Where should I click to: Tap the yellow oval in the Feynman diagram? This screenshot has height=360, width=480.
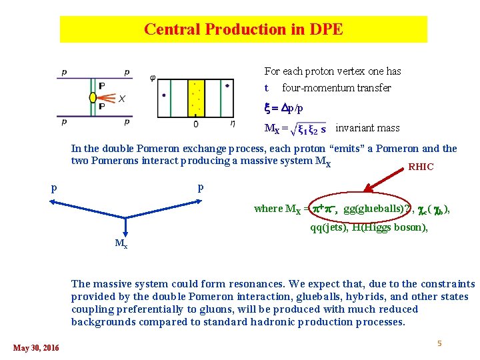93,97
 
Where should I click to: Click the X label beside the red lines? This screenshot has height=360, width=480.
121,99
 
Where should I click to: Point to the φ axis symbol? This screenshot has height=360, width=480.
153,78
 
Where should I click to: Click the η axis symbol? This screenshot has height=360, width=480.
232,123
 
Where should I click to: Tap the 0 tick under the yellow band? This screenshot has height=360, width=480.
195,124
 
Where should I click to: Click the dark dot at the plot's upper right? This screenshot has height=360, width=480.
227,85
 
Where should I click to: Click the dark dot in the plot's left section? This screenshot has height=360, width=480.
164,95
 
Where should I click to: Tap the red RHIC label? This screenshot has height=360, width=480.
421,167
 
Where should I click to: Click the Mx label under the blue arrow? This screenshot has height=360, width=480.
121,244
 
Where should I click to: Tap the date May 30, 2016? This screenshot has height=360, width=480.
36,347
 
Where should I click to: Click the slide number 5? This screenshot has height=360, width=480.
439,343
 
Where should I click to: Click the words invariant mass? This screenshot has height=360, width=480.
367,127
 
